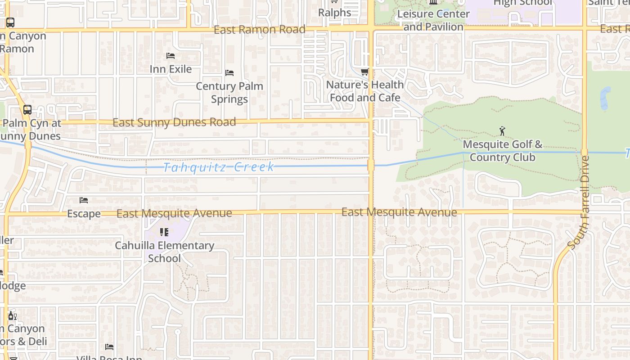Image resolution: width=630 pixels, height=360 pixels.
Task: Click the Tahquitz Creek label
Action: click(219, 167)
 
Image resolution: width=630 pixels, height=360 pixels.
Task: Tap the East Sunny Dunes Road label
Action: click(174, 122)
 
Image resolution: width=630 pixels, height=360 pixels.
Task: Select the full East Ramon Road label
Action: click(260, 30)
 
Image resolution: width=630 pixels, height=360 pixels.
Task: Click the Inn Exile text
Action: click(171, 69)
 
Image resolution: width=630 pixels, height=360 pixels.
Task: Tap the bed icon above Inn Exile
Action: click(171, 56)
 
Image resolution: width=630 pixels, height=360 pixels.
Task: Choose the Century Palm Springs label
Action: click(229, 92)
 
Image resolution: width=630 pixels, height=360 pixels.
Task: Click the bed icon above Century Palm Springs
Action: click(229, 72)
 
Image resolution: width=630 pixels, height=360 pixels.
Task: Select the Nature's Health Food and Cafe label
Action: click(365, 91)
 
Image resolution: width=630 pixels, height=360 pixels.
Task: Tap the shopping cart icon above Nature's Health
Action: click(365, 72)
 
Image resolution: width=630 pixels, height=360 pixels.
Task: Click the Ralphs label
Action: click(334, 13)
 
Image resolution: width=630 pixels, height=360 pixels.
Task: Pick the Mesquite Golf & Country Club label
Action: click(503, 151)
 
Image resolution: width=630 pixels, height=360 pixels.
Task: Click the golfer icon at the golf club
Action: click(502, 131)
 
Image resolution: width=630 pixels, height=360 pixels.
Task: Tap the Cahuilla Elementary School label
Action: click(164, 252)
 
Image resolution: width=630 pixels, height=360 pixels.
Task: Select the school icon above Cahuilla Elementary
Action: click(164, 232)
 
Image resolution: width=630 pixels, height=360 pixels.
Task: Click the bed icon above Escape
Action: click(84, 200)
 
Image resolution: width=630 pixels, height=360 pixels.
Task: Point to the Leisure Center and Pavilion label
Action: click(433, 20)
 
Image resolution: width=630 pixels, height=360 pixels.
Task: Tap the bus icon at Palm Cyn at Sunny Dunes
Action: click(27, 109)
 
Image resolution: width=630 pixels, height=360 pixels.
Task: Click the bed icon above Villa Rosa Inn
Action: click(109, 347)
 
